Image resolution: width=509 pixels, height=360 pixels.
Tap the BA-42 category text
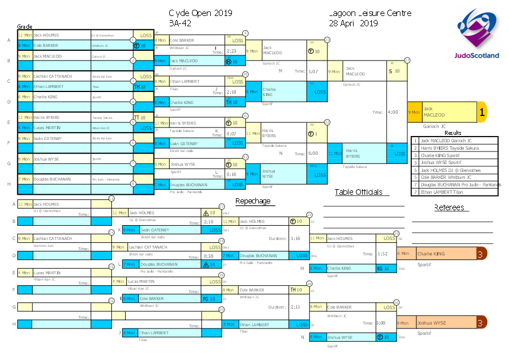(x=180, y=23)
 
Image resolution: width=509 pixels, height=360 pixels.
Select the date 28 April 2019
(x=354, y=23)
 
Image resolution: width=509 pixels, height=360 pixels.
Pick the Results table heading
(x=453, y=133)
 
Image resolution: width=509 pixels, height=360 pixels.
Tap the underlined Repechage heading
(x=253, y=201)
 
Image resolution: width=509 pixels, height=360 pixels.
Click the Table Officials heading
(x=358, y=192)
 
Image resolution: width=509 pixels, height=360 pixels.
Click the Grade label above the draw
(x=24, y=26)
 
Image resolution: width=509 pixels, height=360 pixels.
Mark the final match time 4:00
(x=393, y=112)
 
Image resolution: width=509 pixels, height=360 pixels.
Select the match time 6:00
(x=312, y=153)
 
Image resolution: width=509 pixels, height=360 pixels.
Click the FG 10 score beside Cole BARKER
(x=209, y=298)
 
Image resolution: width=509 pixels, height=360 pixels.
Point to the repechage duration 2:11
(x=295, y=307)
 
